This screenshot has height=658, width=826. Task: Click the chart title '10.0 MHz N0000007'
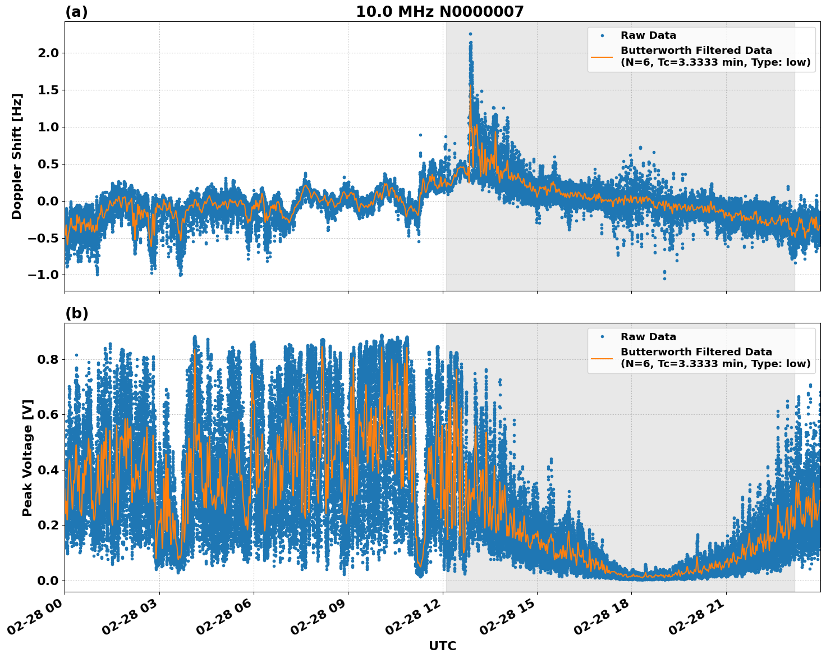point(439,12)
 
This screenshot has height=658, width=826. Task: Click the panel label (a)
point(76,12)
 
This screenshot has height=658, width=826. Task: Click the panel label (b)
point(76,313)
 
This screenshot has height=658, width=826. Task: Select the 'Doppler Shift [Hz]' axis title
point(17,156)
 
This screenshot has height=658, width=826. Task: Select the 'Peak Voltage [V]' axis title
point(27,458)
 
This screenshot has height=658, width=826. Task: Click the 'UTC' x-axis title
point(442,646)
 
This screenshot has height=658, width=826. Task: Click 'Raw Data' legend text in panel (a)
point(648,35)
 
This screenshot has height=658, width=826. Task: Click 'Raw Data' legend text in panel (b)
point(648,337)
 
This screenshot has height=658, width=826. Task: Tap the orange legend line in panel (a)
point(602,56)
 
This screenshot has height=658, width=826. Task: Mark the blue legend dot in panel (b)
point(602,337)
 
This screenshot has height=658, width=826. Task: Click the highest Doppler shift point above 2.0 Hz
point(470,34)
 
